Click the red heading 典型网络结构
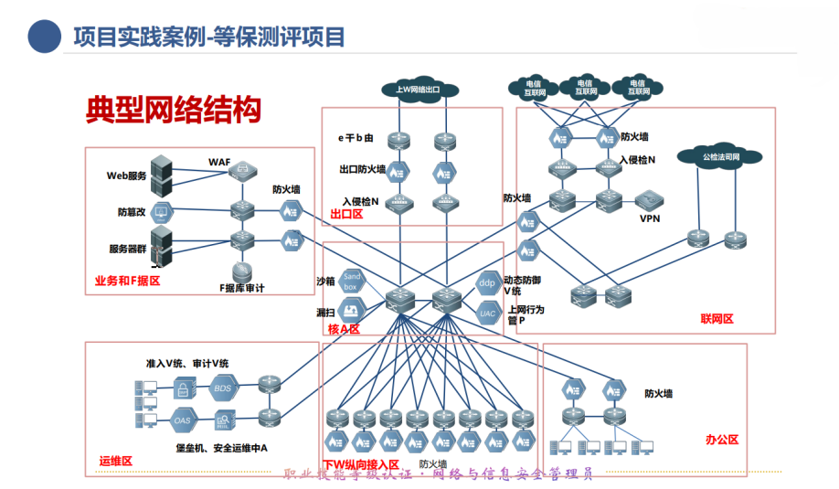(174, 110)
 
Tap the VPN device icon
(649, 199)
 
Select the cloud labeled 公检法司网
(719, 157)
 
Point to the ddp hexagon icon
(487, 282)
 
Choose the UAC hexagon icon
(487, 313)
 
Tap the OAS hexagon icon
(183, 420)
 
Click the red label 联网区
(717, 319)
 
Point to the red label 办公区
(722, 440)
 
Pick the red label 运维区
(115, 461)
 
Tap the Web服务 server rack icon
(161, 175)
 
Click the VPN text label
(649, 218)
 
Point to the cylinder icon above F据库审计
(242, 271)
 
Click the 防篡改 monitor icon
(161, 214)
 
